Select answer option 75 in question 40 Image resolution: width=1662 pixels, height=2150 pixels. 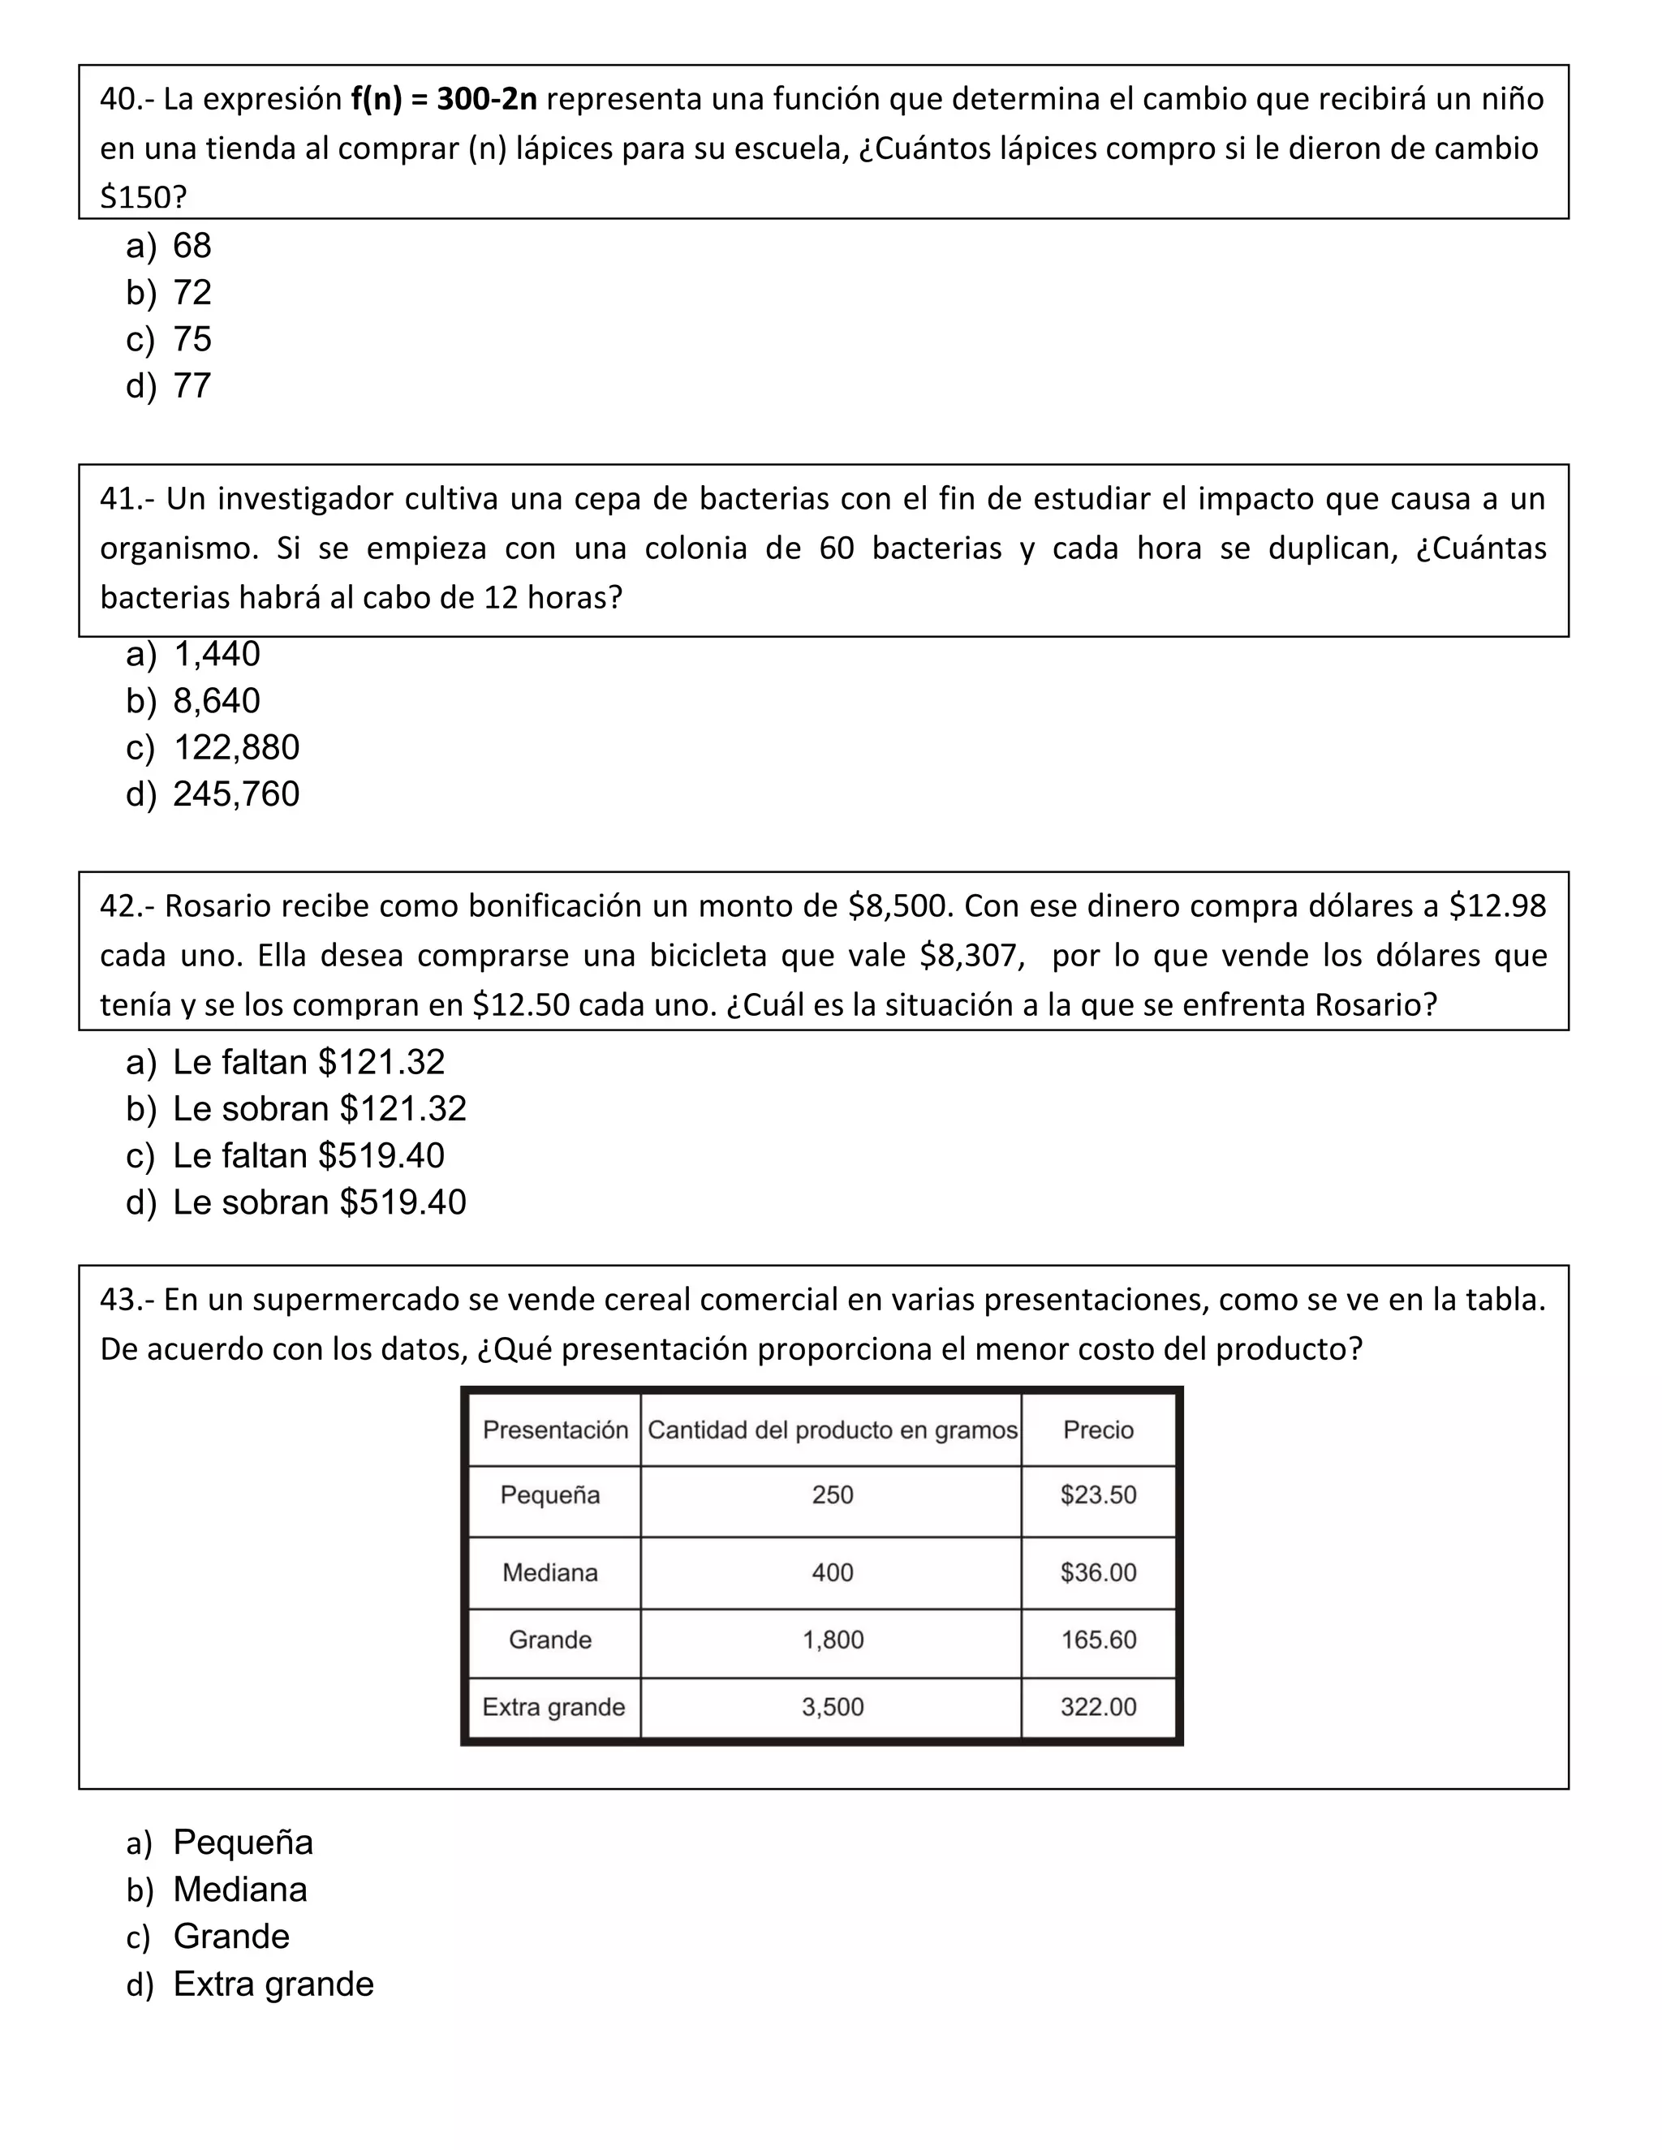click(192, 338)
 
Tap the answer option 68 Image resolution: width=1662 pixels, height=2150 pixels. click(192, 245)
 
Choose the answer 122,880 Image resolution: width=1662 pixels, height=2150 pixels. click(236, 747)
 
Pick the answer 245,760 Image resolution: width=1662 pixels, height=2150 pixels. click(236, 793)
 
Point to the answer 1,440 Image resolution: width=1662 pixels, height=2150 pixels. click(217, 654)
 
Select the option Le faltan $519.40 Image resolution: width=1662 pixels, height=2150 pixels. click(308, 1155)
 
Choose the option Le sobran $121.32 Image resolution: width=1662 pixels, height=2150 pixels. click(319, 1108)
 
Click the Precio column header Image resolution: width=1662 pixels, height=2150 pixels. click(1098, 1430)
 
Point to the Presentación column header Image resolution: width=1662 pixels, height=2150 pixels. click(554, 1430)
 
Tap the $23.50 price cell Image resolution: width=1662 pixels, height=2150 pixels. click(1098, 1494)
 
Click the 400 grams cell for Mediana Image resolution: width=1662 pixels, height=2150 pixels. click(832, 1572)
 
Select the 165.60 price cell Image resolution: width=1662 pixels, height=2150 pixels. click(1098, 1639)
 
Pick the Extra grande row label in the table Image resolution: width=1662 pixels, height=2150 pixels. click(553, 1706)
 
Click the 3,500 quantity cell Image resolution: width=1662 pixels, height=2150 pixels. click(832, 1706)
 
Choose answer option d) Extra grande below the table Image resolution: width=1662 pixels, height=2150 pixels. click(273, 1983)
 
